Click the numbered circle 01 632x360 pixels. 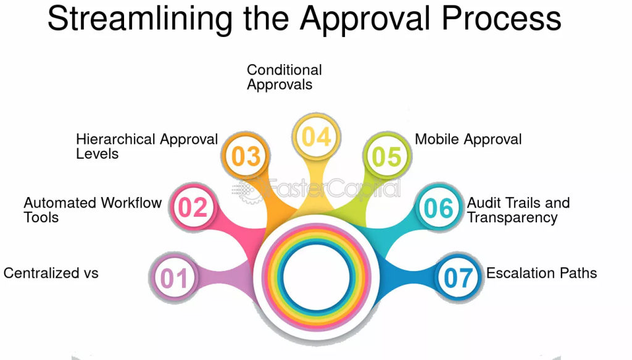tap(174, 277)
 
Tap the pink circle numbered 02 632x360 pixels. tap(193, 207)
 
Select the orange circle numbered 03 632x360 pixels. tap(246, 156)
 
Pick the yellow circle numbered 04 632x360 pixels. tap(317, 137)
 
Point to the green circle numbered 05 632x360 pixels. tap(387, 156)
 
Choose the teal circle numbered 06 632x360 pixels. tap(439, 207)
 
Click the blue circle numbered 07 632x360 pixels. tap(459, 277)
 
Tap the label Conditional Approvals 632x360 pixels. tap(284, 77)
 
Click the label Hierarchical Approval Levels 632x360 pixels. tap(147, 146)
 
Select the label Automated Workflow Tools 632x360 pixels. tap(93, 209)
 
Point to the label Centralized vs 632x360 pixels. tap(51, 273)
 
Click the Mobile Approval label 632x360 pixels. tap(468, 140)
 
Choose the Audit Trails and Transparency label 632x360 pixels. tap(518, 209)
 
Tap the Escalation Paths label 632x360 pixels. tap(541, 273)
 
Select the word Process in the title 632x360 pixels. tap(501, 18)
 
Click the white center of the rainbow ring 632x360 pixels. tap(317, 277)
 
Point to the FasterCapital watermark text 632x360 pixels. tap(317, 188)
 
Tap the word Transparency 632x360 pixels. tap(512, 218)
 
